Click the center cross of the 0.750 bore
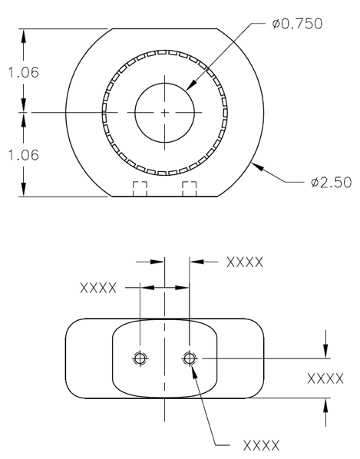pyautogui.click(x=165, y=112)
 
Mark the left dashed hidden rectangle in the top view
pyautogui.click(x=140, y=190)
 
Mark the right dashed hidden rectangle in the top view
pyautogui.click(x=190, y=190)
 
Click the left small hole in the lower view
pyautogui.click(x=140, y=358)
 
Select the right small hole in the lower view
pyautogui.click(x=190, y=358)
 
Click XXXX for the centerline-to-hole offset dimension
pyautogui.click(x=245, y=263)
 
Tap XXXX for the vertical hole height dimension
pyautogui.click(x=325, y=378)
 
